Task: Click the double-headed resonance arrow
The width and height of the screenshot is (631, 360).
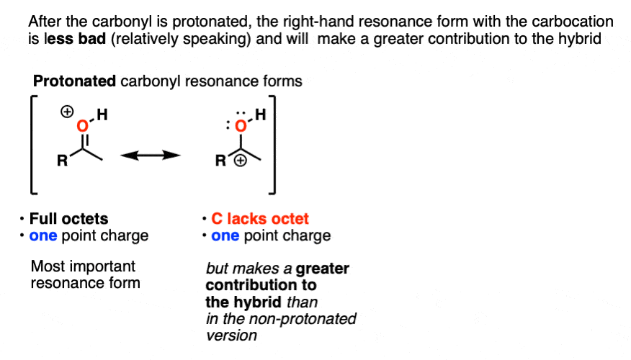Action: pos(151,156)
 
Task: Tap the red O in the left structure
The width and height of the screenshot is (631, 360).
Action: pos(83,126)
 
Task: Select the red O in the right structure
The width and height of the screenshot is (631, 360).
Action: pos(241,126)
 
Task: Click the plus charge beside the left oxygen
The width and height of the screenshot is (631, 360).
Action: pos(67,112)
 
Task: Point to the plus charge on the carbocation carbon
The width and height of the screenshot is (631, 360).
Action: pos(241,161)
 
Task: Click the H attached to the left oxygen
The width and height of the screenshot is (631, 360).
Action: pos(102,114)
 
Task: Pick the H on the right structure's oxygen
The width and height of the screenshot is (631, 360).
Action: pos(260,114)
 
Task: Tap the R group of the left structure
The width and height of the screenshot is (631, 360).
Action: pos(63,161)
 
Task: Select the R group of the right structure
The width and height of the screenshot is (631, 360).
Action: pos(220,161)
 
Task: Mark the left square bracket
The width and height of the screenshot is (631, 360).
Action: pos(33,145)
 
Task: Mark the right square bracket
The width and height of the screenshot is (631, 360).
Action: pos(272,145)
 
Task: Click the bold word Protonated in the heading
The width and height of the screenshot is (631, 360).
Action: pos(74,81)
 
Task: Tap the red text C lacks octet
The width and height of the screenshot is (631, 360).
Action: pos(260,219)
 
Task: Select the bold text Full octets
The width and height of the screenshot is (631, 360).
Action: pos(69,219)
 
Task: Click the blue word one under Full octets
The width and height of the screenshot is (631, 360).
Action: pos(43,235)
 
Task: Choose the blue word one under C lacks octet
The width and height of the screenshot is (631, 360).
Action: pos(225,235)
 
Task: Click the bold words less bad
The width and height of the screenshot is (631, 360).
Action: pos(75,39)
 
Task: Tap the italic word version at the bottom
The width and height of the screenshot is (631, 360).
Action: pos(231,336)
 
